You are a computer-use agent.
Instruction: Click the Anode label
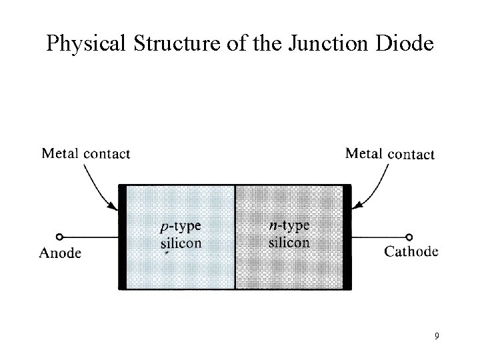61,253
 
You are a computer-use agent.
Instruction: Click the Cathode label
411,251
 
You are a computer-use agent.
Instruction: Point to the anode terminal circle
59,237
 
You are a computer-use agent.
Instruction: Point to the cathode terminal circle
409,237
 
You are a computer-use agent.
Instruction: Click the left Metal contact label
86,153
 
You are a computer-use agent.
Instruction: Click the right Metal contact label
390,154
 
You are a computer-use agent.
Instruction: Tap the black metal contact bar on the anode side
122,237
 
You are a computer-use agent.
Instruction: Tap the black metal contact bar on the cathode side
347,237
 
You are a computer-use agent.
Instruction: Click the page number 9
436,336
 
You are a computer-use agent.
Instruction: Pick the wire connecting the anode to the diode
90,237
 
